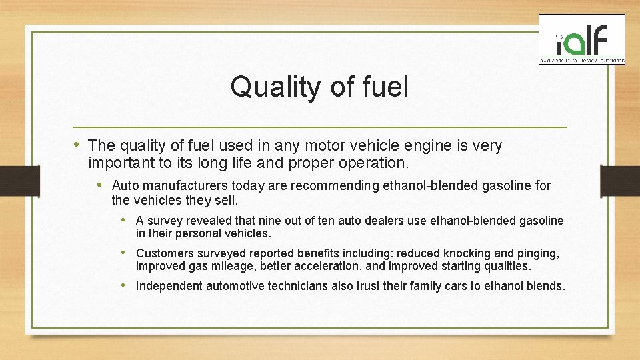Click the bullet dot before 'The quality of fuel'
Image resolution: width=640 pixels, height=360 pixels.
point(78,144)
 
